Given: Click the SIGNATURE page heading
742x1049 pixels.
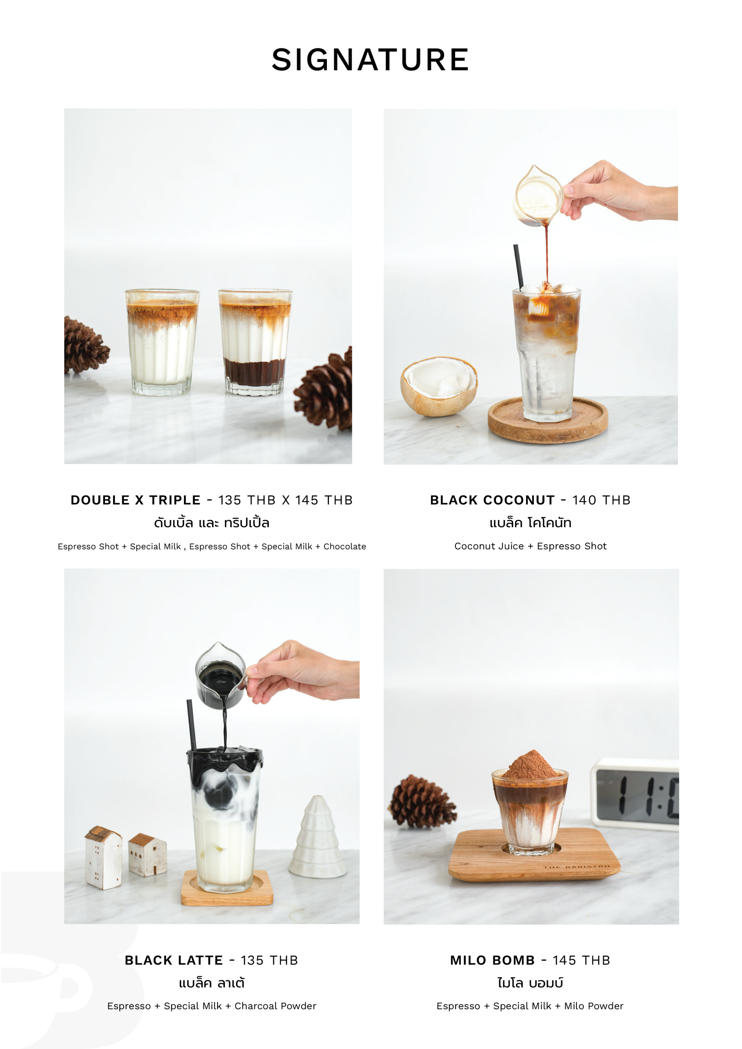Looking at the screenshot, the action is coord(370,60).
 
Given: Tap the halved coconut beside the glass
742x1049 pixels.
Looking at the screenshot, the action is coord(439,386).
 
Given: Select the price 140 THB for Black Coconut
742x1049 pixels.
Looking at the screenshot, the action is coord(601,500).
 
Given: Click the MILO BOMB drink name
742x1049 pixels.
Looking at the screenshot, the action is coord(492,960).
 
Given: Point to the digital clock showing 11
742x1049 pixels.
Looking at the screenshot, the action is coord(635,794).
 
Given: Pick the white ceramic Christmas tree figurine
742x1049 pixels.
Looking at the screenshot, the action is coord(318,837).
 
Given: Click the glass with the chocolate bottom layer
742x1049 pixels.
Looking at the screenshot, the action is coord(255,342).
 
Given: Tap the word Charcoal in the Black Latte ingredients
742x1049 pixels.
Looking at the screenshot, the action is coord(256,1006).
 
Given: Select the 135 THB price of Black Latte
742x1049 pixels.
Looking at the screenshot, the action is coord(269,960).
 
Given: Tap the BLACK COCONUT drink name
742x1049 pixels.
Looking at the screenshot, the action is coord(492,500).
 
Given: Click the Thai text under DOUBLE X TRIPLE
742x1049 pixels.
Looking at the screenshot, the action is coord(211,522).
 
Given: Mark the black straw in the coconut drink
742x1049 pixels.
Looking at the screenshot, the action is coord(519,267).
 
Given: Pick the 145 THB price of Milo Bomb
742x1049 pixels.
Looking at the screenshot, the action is coord(581,960).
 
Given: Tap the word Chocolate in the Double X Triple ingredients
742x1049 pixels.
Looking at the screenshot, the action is coord(345,547).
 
